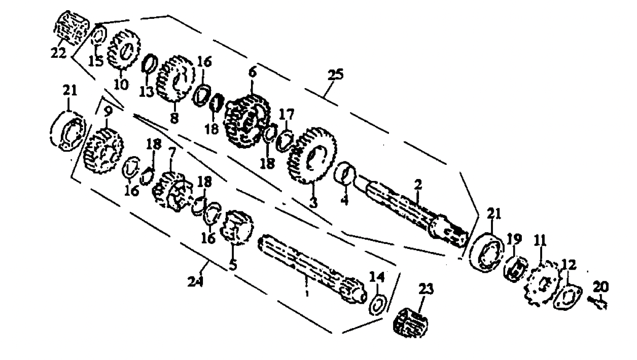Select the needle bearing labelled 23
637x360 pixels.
click(x=412, y=319)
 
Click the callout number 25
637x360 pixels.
click(x=335, y=75)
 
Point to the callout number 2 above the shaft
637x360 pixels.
click(x=417, y=185)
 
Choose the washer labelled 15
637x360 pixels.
click(x=98, y=37)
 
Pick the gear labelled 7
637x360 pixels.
click(x=171, y=191)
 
